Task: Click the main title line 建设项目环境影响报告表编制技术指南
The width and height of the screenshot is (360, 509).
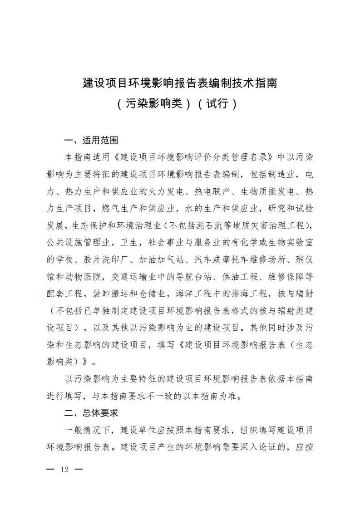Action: (x=180, y=83)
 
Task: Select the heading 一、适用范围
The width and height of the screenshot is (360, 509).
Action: (x=91, y=140)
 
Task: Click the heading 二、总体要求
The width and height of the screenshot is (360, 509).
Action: (x=91, y=413)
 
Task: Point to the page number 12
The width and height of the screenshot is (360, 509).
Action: (x=64, y=470)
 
